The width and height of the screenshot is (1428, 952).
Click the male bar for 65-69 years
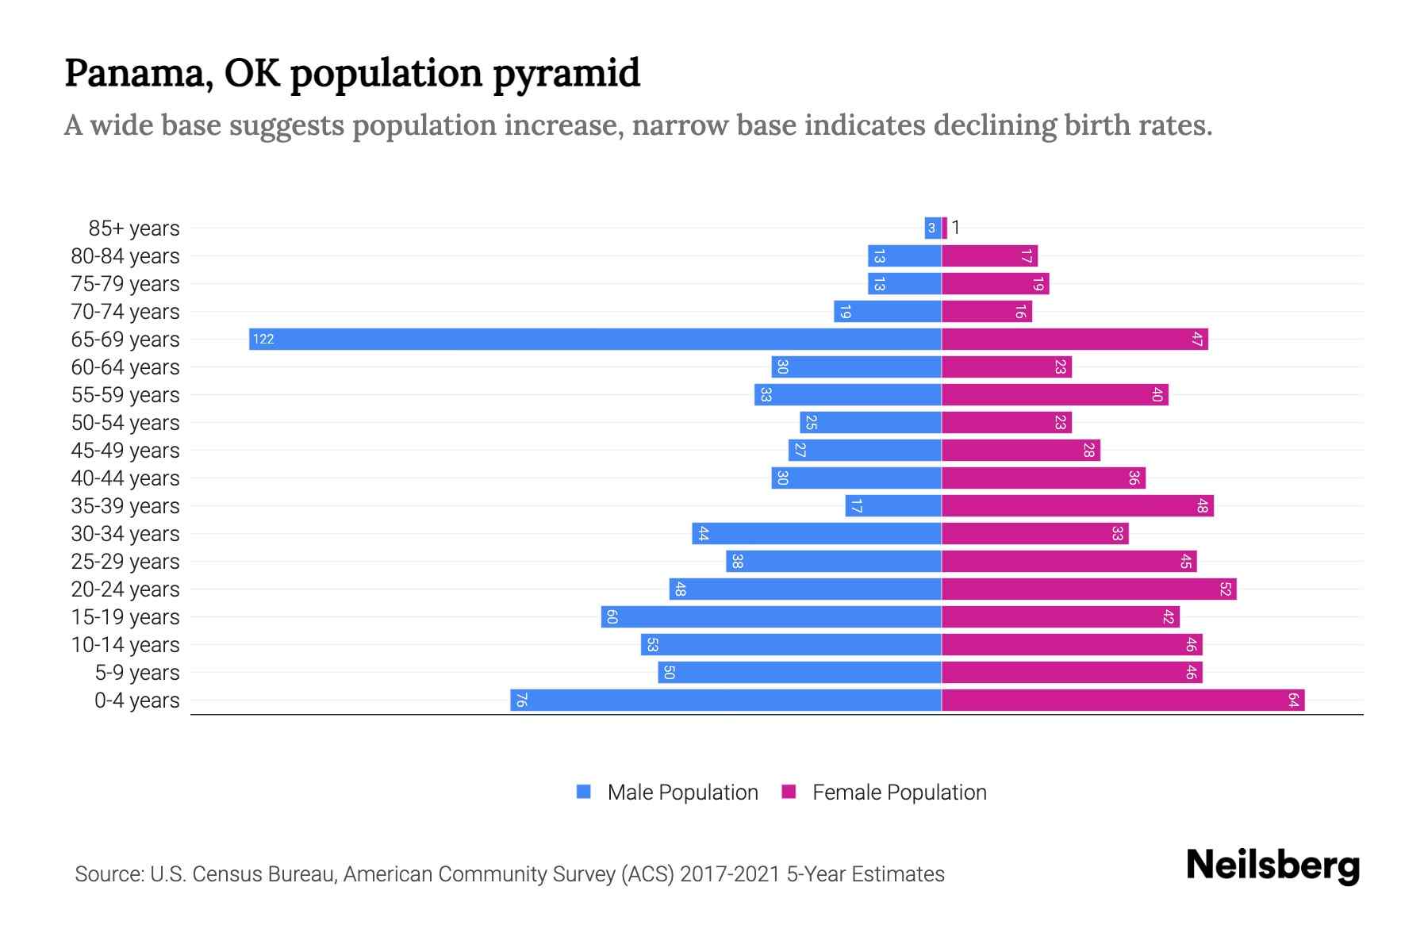[x=595, y=339]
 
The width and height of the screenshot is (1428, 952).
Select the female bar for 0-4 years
[x=1123, y=700]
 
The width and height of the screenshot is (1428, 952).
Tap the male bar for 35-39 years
[x=893, y=505]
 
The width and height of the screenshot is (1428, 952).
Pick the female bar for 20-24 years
[x=1088, y=589]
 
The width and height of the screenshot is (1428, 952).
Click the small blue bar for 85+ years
[x=932, y=228]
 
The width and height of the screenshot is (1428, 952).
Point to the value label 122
[x=263, y=339]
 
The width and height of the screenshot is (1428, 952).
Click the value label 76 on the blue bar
[x=521, y=700]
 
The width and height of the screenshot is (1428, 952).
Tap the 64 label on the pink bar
[x=1293, y=700]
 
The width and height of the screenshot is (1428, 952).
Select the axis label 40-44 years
[x=125, y=478]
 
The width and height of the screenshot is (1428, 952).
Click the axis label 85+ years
[x=134, y=228]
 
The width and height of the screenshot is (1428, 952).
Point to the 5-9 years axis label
[x=137, y=672]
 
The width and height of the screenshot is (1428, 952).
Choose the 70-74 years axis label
[x=125, y=311]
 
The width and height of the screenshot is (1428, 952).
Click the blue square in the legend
[x=584, y=792]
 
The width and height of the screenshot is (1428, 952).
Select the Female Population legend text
[x=899, y=792]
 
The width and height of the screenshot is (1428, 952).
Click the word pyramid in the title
[x=566, y=73]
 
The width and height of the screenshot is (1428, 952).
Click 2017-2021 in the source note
[x=730, y=873]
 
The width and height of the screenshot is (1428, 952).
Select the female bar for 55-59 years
[x=1054, y=394]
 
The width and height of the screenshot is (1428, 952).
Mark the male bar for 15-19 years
[x=771, y=616]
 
